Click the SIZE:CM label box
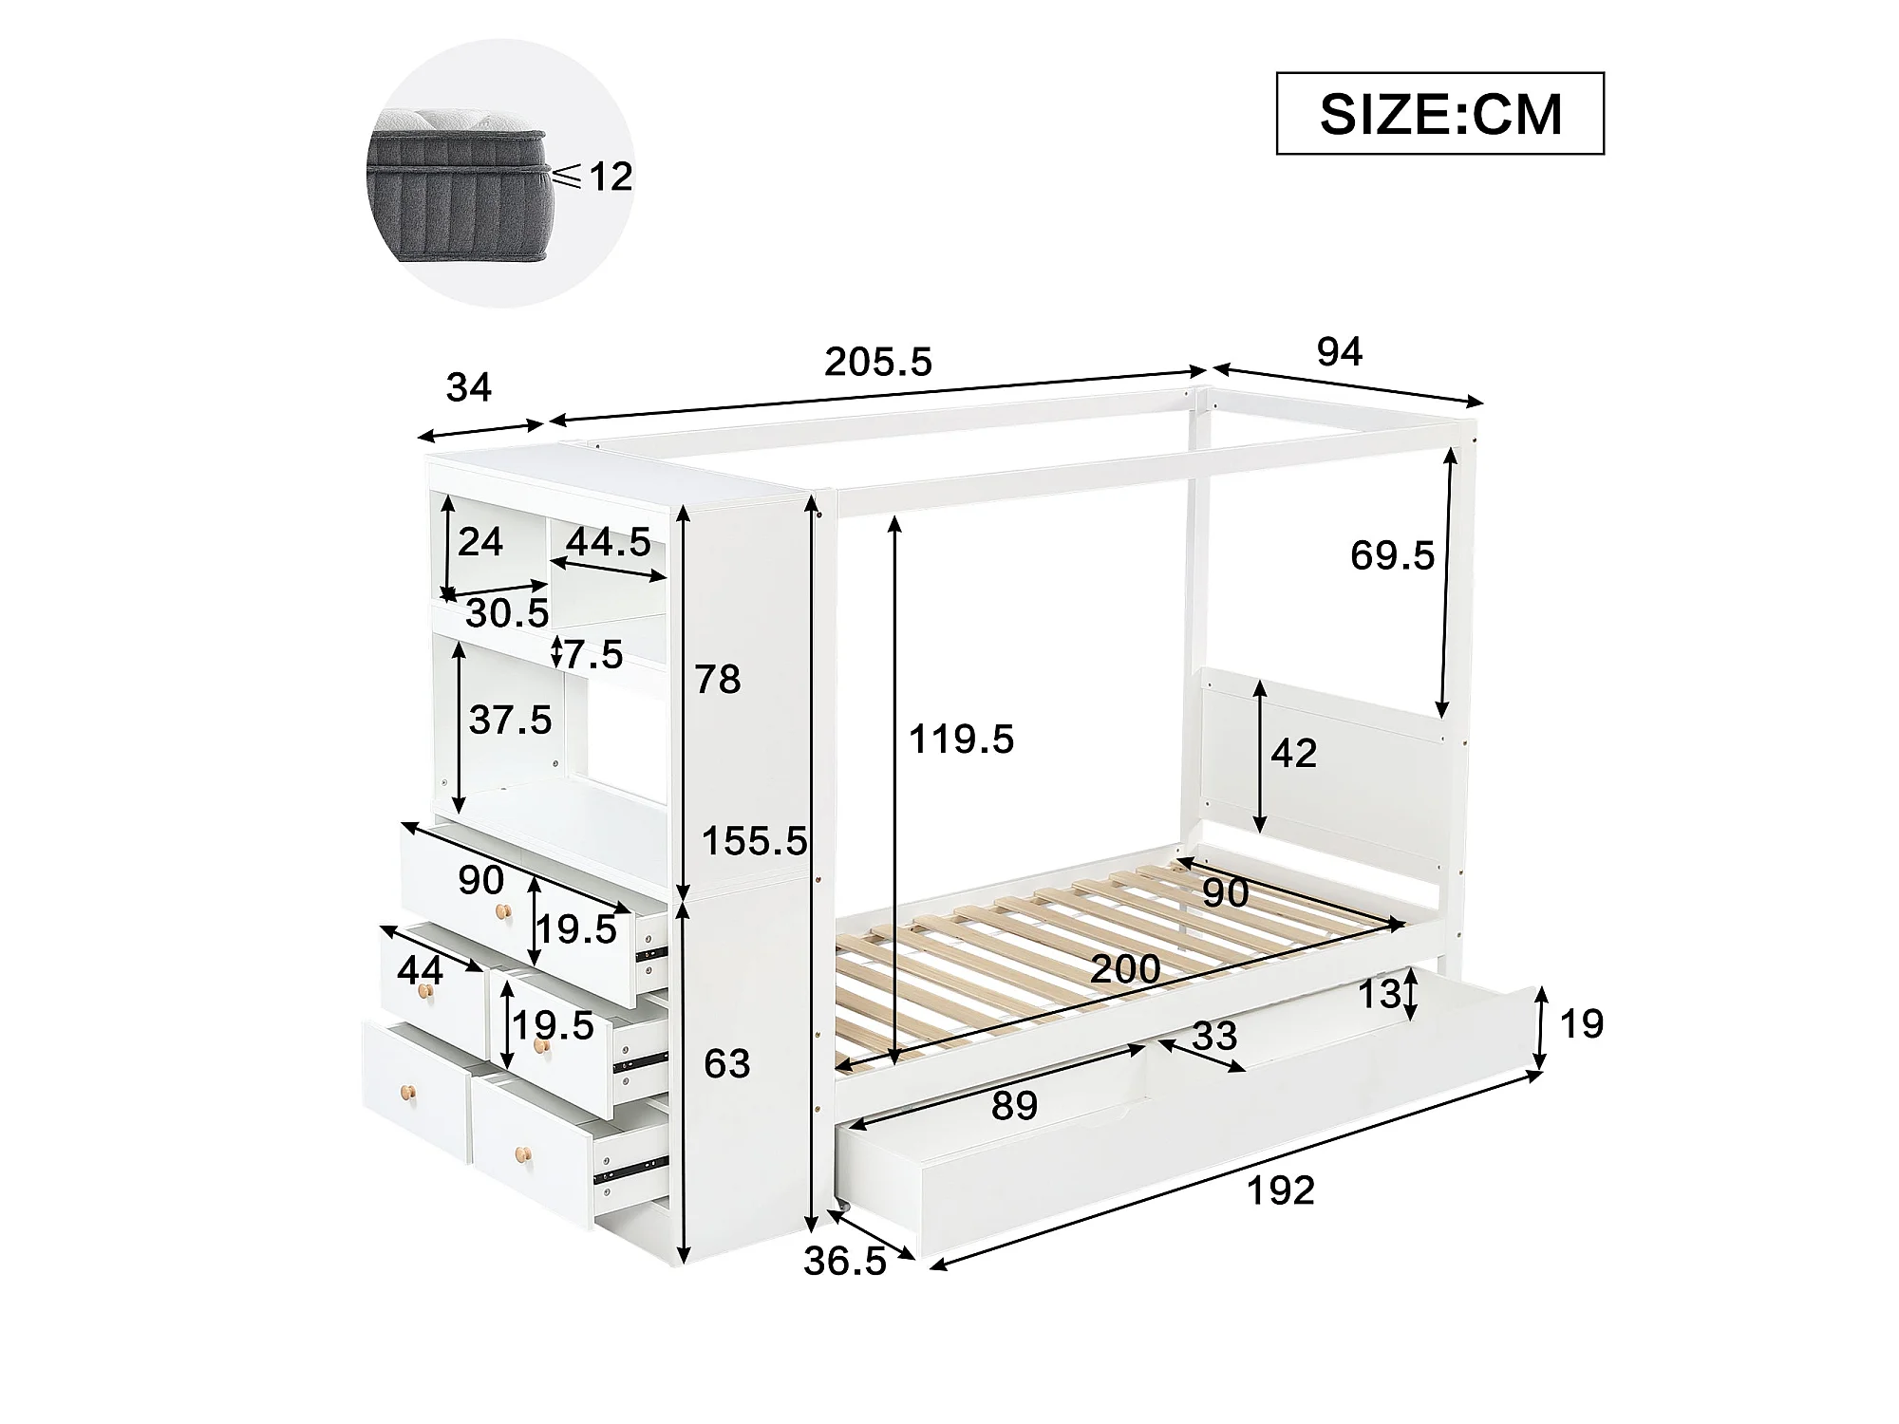(1439, 113)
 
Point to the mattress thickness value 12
(611, 177)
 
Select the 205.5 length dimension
(878, 362)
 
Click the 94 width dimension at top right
(1340, 352)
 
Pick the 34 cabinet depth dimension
(469, 387)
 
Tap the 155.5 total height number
(755, 841)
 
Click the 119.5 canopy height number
(962, 739)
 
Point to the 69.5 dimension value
(1392, 555)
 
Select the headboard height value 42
(1294, 754)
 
